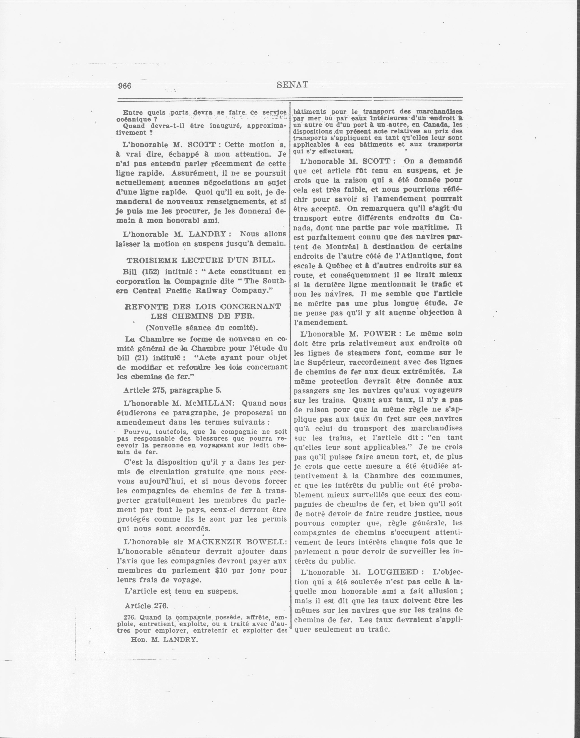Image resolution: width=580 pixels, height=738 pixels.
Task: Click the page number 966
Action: tap(124, 86)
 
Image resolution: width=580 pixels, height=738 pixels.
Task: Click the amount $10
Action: tap(221, 570)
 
